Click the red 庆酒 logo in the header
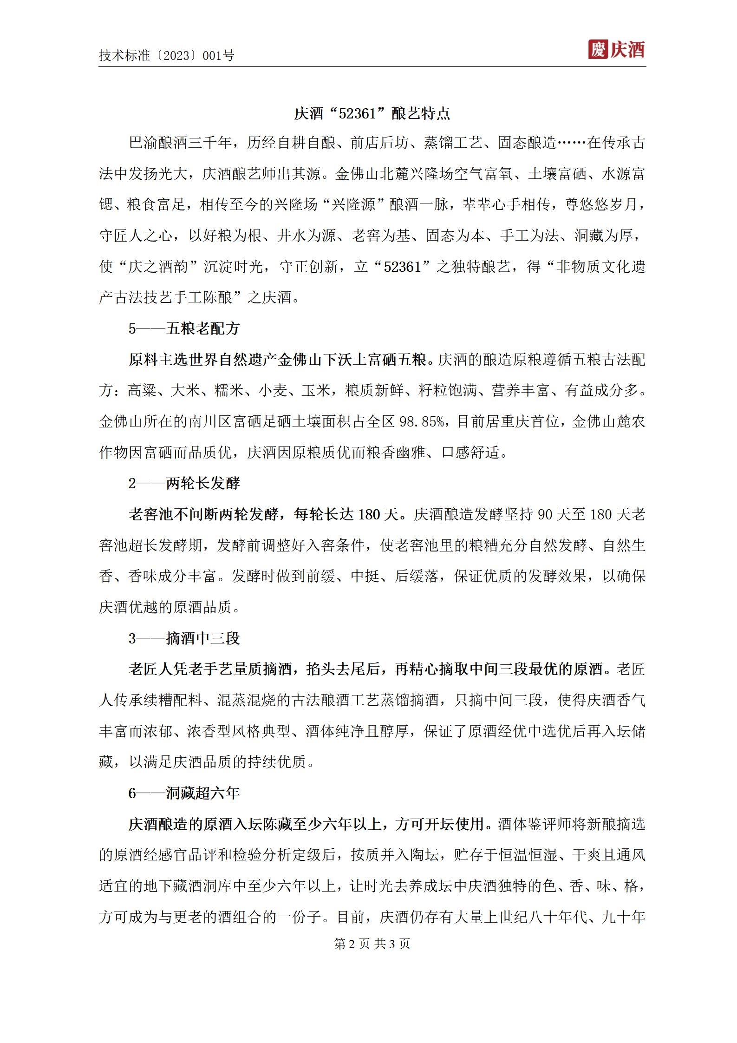[x=616, y=50]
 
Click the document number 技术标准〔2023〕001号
[x=166, y=56]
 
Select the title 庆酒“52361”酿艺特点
[x=372, y=114]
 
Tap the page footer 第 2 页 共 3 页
[x=372, y=944]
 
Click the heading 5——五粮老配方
[x=184, y=329]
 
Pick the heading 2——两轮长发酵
[x=184, y=484]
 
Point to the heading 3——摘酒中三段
[x=184, y=638]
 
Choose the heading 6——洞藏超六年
[x=184, y=793]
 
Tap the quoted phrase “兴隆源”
[x=354, y=205]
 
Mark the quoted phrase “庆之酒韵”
[x=158, y=267]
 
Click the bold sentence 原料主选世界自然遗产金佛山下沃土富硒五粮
[x=277, y=360]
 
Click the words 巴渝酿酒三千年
[x=180, y=143]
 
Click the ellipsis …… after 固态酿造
[x=571, y=143]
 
